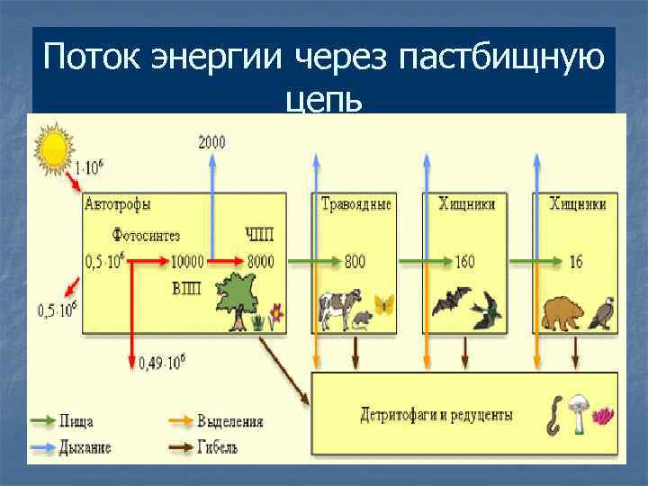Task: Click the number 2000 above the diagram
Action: tap(211, 142)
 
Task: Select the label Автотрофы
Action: tap(117, 205)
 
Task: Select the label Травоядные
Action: tap(356, 204)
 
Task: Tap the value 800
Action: tap(355, 262)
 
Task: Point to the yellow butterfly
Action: tap(384, 304)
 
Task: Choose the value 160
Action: tap(464, 262)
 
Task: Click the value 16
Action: tap(576, 262)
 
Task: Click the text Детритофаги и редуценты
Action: tap(436, 416)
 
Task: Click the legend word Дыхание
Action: tap(85, 447)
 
